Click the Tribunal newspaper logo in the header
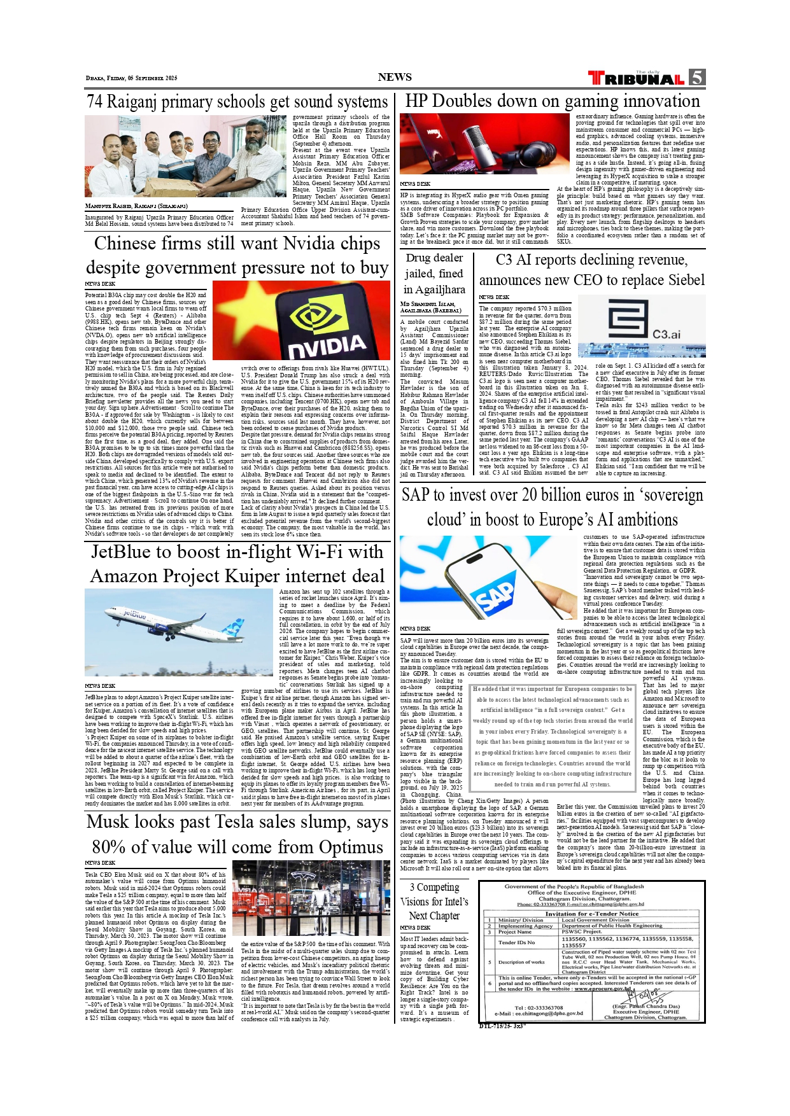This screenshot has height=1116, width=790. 636,78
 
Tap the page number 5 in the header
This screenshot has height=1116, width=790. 697,77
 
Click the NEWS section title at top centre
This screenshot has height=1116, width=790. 395,78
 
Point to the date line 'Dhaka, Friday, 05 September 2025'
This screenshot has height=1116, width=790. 131,78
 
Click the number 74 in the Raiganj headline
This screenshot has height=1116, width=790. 94,102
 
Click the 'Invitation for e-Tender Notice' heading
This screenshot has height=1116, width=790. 591,914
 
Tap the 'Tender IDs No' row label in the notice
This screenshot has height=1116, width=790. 516,942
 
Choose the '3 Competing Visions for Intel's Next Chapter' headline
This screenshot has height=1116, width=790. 434,901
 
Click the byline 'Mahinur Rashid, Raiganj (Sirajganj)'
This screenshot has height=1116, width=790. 136,206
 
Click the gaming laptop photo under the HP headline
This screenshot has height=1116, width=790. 484,144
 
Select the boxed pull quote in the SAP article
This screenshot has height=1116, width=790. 553,737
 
